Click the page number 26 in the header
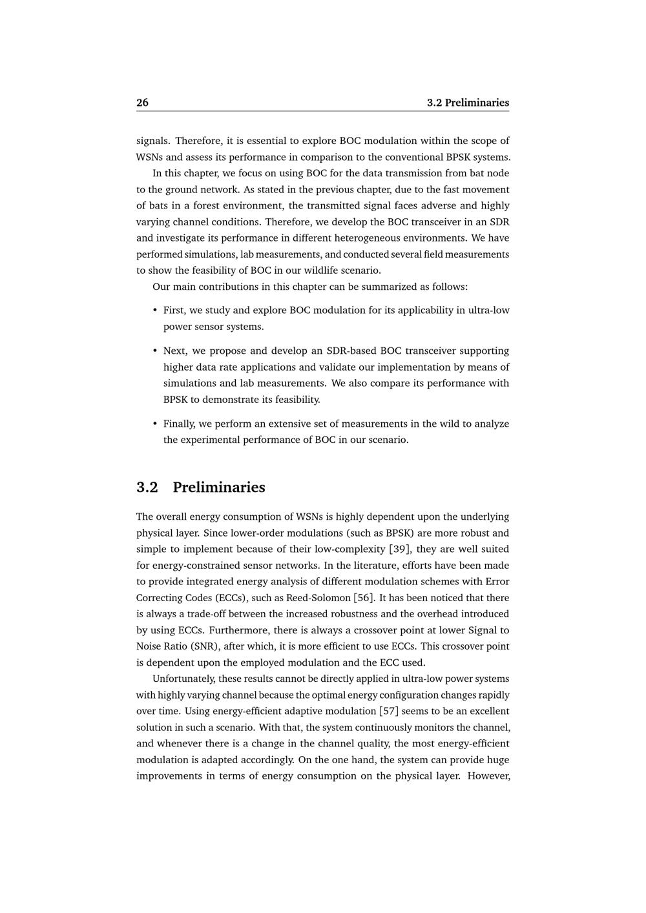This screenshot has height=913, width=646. pyautogui.click(x=142, y=103)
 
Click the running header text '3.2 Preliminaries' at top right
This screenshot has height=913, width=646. pyautogui.click(x=468, y=103)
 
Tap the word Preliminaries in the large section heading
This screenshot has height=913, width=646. pyautogui.click(x=218, y=487)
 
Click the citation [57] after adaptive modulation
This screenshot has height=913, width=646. pyautogui.click(x=388, y=712)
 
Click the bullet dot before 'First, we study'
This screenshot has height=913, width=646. pyautogui.click(x=155, y=311)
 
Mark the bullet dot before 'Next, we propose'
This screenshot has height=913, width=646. pyautogui.click(x=155, y=351)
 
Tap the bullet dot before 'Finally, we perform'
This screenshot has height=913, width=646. pyautogui.click(x=155, y=424)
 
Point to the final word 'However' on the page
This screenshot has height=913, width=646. pyautogui.click(x=489, y=776)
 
